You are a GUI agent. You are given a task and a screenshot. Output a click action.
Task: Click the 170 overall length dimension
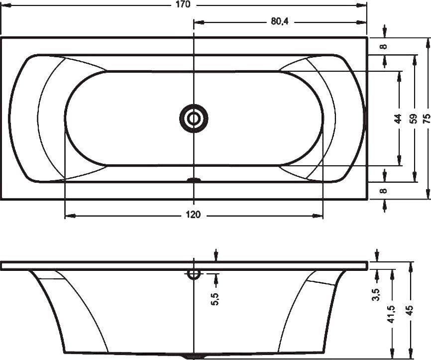[184, 4]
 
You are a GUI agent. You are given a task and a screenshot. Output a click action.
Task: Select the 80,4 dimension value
[280, 21]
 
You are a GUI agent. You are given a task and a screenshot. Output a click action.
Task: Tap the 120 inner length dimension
[193, 215]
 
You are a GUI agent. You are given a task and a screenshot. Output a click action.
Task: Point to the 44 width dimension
[398, 119]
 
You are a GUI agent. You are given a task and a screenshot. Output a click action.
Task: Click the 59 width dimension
[413, 119]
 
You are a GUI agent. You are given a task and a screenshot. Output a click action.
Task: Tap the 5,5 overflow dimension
[215, 299]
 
